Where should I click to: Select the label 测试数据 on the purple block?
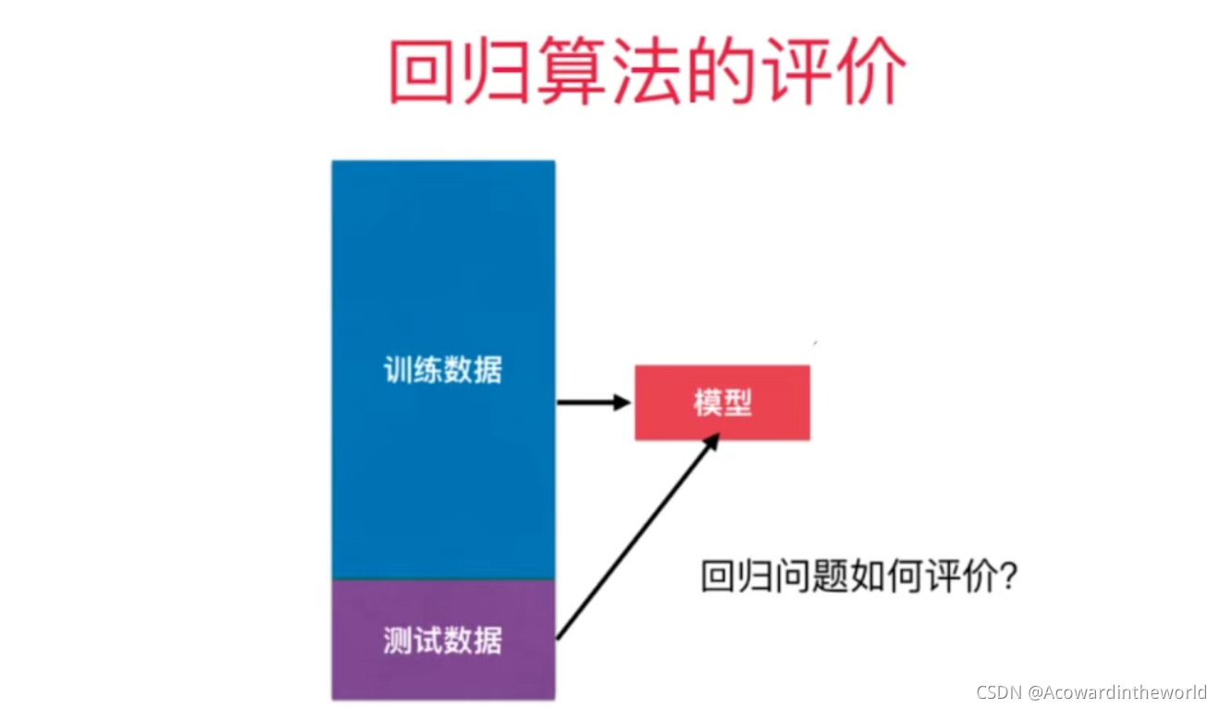pyautogui.click(x=443, y=640)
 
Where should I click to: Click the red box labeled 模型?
pyautogui.click(x=721, y=402)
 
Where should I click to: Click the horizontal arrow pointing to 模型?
pyautogui.click(x=592, y=402)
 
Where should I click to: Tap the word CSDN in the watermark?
pyautogui.click(x=997, y=692)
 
